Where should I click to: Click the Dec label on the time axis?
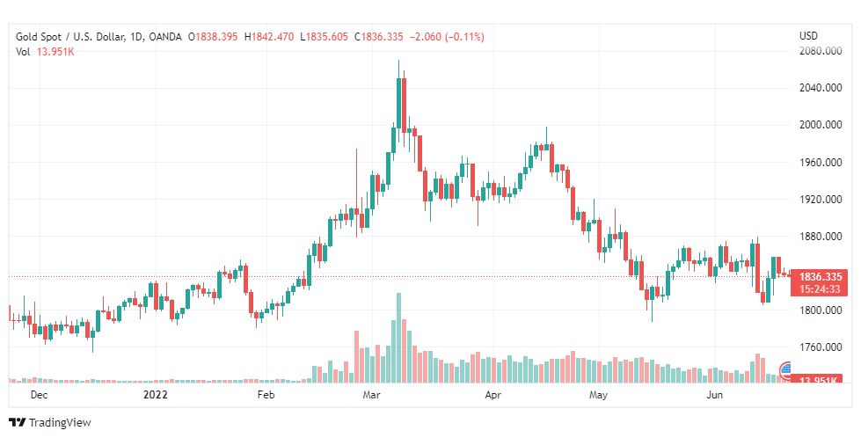coord(39,396)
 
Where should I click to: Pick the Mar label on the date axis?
coord(370,396)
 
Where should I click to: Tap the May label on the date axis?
coord(598,396)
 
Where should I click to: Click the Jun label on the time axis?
coord(715,396)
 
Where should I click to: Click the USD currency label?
coord(808,36)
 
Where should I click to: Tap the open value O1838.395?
coord(214,36)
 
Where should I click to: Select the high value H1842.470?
coord(270,36)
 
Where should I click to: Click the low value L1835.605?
coord(325,36)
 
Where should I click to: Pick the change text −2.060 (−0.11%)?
coord(446,36)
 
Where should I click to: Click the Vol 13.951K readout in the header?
coord(45,52)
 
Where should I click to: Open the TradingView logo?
coord(50,423)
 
